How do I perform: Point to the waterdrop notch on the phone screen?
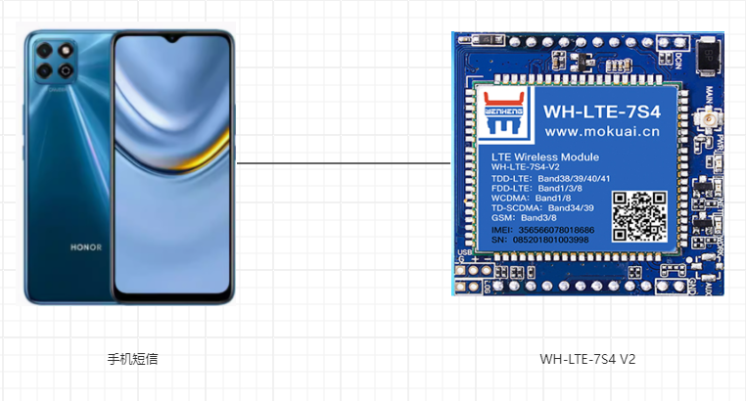pos(174,41)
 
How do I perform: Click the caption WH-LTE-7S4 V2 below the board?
pos(587,359)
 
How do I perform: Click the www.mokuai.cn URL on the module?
pos(588,131)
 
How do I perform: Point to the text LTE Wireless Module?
pos(544,156)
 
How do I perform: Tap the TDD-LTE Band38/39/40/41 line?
pos(550,177)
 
